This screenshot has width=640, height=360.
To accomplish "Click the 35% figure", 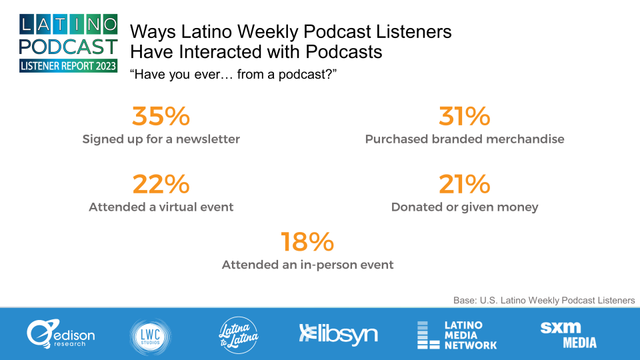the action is coord(161,116).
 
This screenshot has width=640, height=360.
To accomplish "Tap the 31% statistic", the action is coord(464,116).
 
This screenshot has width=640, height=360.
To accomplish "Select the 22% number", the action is coord(161,184).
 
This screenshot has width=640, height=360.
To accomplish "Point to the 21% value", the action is coord(464,184).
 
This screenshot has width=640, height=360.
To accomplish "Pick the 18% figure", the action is coord(307,241).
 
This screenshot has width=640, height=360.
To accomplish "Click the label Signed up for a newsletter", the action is coord(161,139).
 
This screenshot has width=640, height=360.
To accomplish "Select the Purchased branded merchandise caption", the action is coord(465,139).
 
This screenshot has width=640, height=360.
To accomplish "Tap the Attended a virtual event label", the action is coord(161,207).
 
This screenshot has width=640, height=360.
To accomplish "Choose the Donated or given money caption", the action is coord(465,207).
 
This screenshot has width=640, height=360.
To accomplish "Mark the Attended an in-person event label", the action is coord(307,265).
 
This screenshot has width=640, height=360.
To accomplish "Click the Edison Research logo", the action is coord(61,334).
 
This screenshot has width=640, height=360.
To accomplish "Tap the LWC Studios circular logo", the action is coord(150,337).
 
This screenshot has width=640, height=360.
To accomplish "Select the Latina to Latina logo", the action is coord(239,335).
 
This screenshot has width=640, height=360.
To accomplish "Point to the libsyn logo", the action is coord(339,334).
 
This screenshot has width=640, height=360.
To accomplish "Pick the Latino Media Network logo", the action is coord(457,335).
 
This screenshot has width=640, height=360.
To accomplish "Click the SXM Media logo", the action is coord(568,335).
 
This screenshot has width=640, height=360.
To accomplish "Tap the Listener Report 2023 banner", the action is coord(68,66).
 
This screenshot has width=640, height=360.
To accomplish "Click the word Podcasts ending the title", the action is coord(344,52).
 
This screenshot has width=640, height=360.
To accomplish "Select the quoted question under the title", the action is coord(233,74).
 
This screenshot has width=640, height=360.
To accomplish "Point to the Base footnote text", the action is coord(544,301).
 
